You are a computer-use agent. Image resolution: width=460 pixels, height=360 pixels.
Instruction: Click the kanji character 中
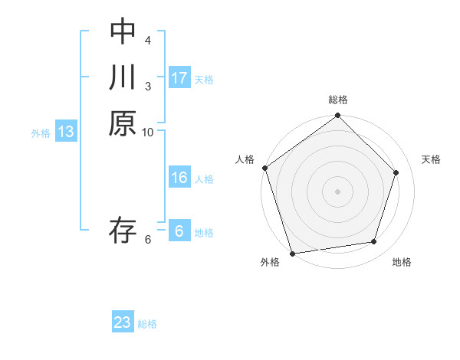pyautogui.click(x=123, y=31)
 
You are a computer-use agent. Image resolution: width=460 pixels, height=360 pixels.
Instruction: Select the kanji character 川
pyautogui.click(x=123, y=77)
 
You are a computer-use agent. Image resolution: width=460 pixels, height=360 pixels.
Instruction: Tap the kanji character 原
pyautogui.click(x=123, y=123)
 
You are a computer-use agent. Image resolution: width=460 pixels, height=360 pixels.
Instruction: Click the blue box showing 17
pyautogui.click(x=179, y=78)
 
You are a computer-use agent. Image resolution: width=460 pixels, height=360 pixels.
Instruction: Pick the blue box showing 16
pyautogui.click(x=179, y=178)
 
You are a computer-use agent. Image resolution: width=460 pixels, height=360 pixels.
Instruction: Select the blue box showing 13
pyautogui.click(x=66, y=132)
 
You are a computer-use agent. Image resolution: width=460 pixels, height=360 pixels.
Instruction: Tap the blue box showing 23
pyautogui.click(x=123, y=322)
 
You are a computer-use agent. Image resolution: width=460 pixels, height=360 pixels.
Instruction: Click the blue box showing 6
pyautogui.click(x=179, y=231)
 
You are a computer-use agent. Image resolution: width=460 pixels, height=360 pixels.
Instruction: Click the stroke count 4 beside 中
pyautogui.click(x=148, y=40)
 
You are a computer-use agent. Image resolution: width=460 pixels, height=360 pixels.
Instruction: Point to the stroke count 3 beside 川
pyautogui.click(x=148, y=86)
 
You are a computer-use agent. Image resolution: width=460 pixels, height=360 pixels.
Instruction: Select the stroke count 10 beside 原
pyautogui.click(x=148, y=132)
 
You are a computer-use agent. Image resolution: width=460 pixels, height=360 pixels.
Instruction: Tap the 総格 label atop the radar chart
pyautogui.click(x=338, y=100)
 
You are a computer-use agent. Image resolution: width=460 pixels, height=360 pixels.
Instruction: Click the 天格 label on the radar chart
pyautogui.click(x=432, y=159)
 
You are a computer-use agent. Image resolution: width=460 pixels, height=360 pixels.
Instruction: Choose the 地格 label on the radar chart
pyautogui.click(x=402, y=262)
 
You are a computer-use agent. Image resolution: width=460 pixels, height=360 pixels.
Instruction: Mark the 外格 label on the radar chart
pyautogui.click(x=270, y=262)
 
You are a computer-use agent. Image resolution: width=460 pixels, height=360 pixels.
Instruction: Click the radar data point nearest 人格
pyautogui.click(x=265, y=168)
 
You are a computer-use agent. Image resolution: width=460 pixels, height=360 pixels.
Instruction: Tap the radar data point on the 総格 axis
pyautogui.click(x=338, y=116)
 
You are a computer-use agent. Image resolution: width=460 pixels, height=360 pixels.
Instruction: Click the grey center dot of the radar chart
pyautogui.click(x=338, y=191)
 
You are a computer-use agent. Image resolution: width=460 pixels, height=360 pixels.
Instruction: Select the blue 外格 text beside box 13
pyautogui.click(x=41, y=133)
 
